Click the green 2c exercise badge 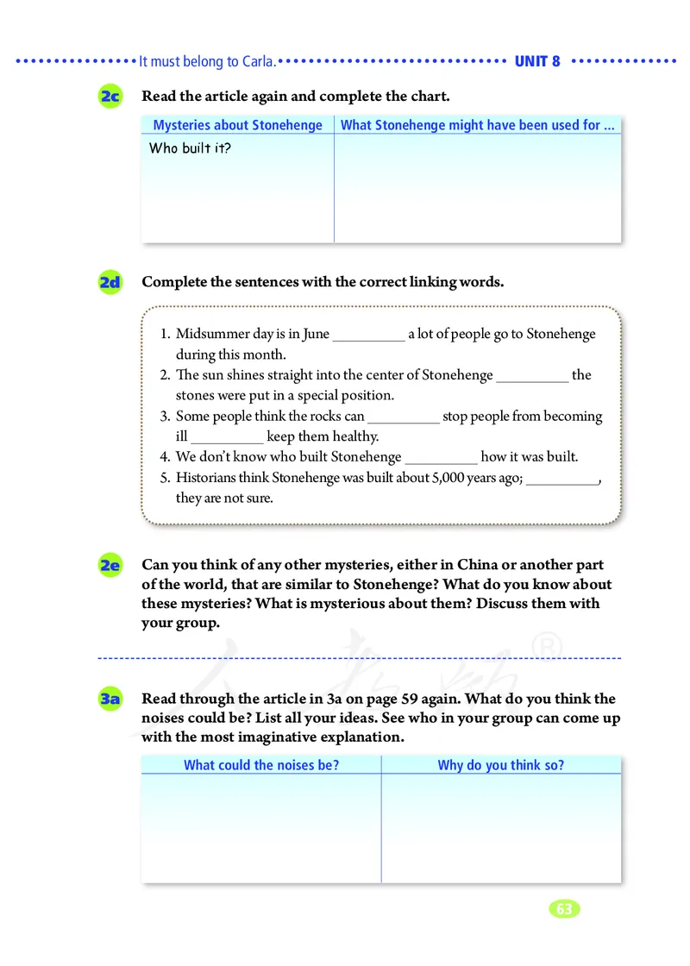click(110, 97)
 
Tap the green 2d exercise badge click(110, 282)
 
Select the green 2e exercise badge click(110, 566)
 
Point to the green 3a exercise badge click(110, 699)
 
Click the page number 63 click(564, 909)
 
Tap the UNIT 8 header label click(537, 61)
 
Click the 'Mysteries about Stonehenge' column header click(237, 125)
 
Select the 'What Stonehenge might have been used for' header click(478, 125)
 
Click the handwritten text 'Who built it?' click(190, 148)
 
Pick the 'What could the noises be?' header click(261, 765)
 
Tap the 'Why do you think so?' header click(501, 765)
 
